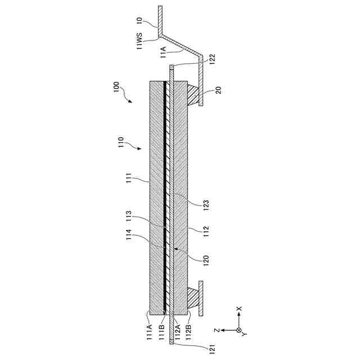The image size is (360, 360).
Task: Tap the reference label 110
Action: [121, 140]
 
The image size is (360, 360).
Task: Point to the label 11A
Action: [163, 53]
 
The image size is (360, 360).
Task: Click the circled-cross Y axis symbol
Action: [239, 330]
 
